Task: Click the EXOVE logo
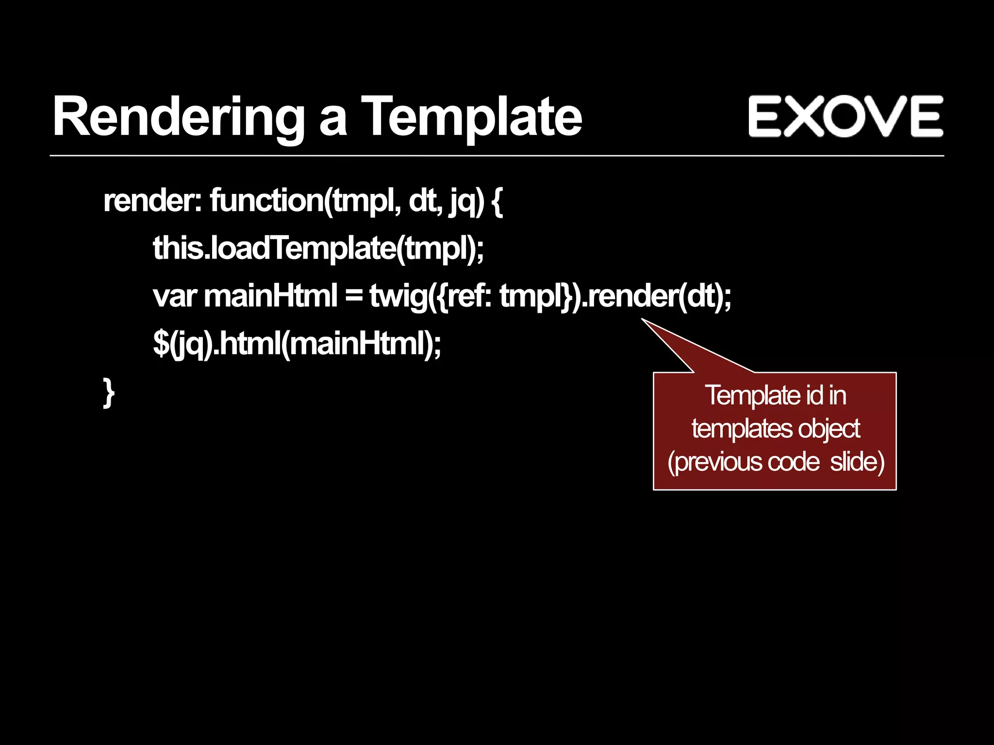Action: [x=845, y=116]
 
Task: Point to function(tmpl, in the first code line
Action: [x=306, y=200]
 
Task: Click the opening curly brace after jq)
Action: [x=497, y=201]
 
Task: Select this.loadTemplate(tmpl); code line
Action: [x=318, y=248]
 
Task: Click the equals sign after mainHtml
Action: [x=354, y=296]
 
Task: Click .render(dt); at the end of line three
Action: [x=655, y=296]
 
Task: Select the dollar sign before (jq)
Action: [x=160, y=344]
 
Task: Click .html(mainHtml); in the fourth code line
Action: [x=328, y=344]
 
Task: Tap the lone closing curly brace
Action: [x=109, y=392]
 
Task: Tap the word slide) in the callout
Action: [x=857, y=462]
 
